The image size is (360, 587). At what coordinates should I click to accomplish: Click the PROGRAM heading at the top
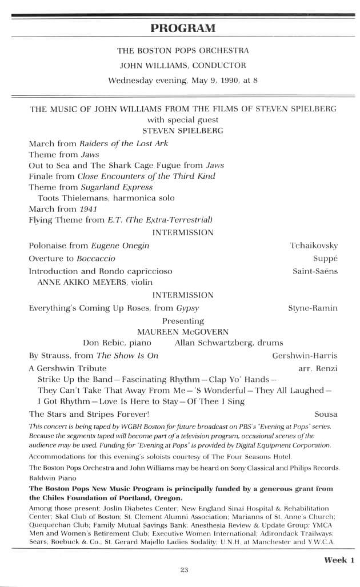tap(183, 28)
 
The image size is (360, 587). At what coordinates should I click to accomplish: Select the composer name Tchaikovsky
tap(313, 246)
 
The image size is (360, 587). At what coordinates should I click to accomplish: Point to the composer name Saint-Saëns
tap(315, 271)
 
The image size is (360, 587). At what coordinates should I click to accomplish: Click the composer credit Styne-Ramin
tap(313, 308)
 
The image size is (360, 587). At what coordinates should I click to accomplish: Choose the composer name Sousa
tap(326, 413)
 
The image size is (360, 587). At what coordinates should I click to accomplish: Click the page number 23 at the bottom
tap(183, 569)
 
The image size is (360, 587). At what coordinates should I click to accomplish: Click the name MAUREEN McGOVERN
tap(183, 331)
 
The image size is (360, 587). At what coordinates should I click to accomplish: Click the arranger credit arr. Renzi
tap(318, 368)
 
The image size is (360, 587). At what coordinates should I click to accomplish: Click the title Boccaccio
tap(92, 258)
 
